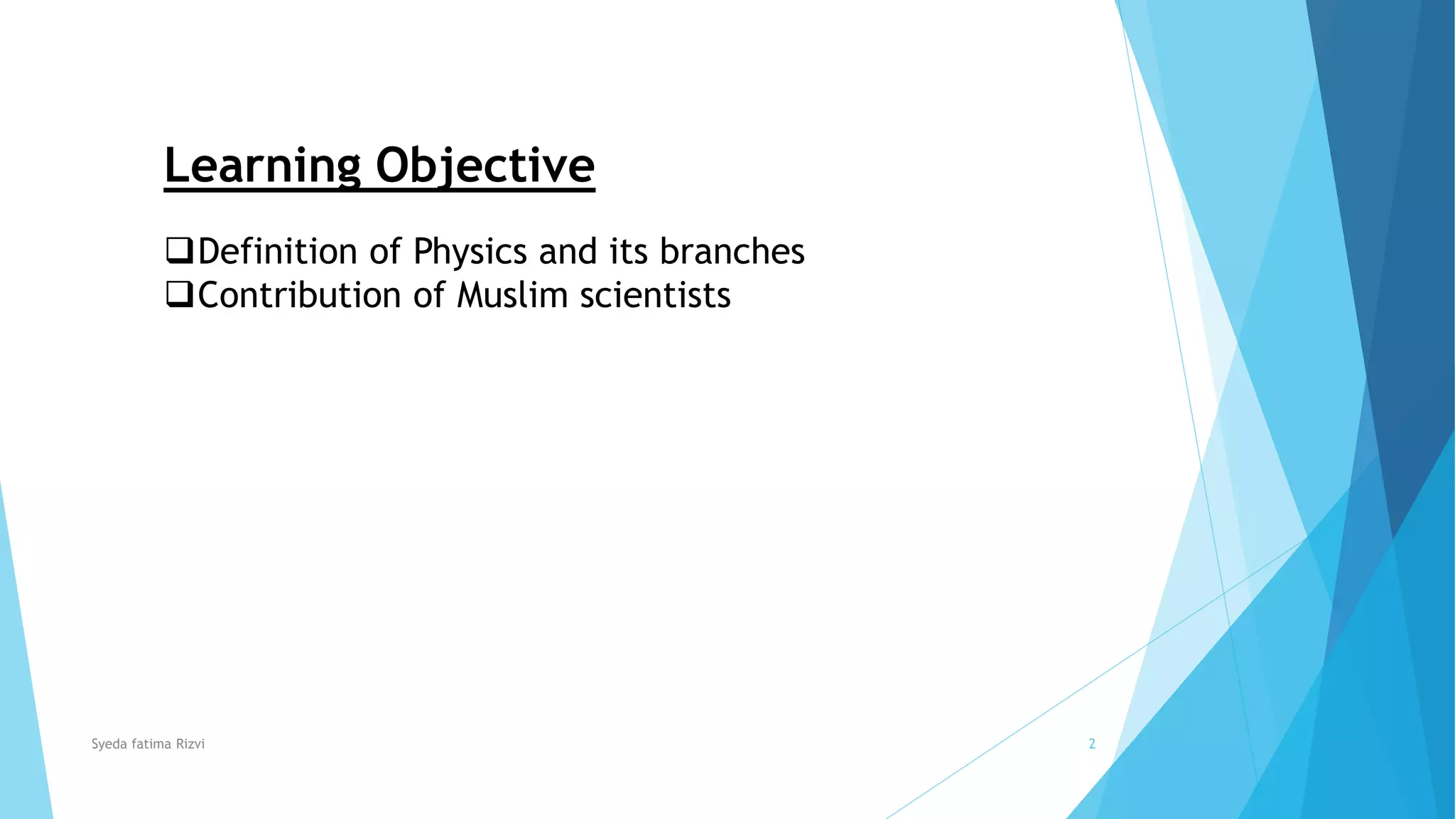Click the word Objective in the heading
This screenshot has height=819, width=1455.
point(485,165)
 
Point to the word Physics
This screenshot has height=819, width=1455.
point(470,252)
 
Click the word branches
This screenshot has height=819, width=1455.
point(732,252)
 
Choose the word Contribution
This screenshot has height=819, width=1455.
point(299,295)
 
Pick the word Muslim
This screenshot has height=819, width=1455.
point(512,295)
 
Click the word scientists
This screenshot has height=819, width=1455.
point(655,295)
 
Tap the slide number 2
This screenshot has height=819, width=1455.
point(1092,744)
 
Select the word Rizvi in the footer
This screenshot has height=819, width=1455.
point(190,744)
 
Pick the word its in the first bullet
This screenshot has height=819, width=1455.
point(628,252)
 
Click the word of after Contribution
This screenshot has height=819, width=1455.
point(429,295)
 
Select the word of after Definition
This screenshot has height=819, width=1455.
point(385,252)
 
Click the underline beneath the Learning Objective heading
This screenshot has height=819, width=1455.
point(379,190)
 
